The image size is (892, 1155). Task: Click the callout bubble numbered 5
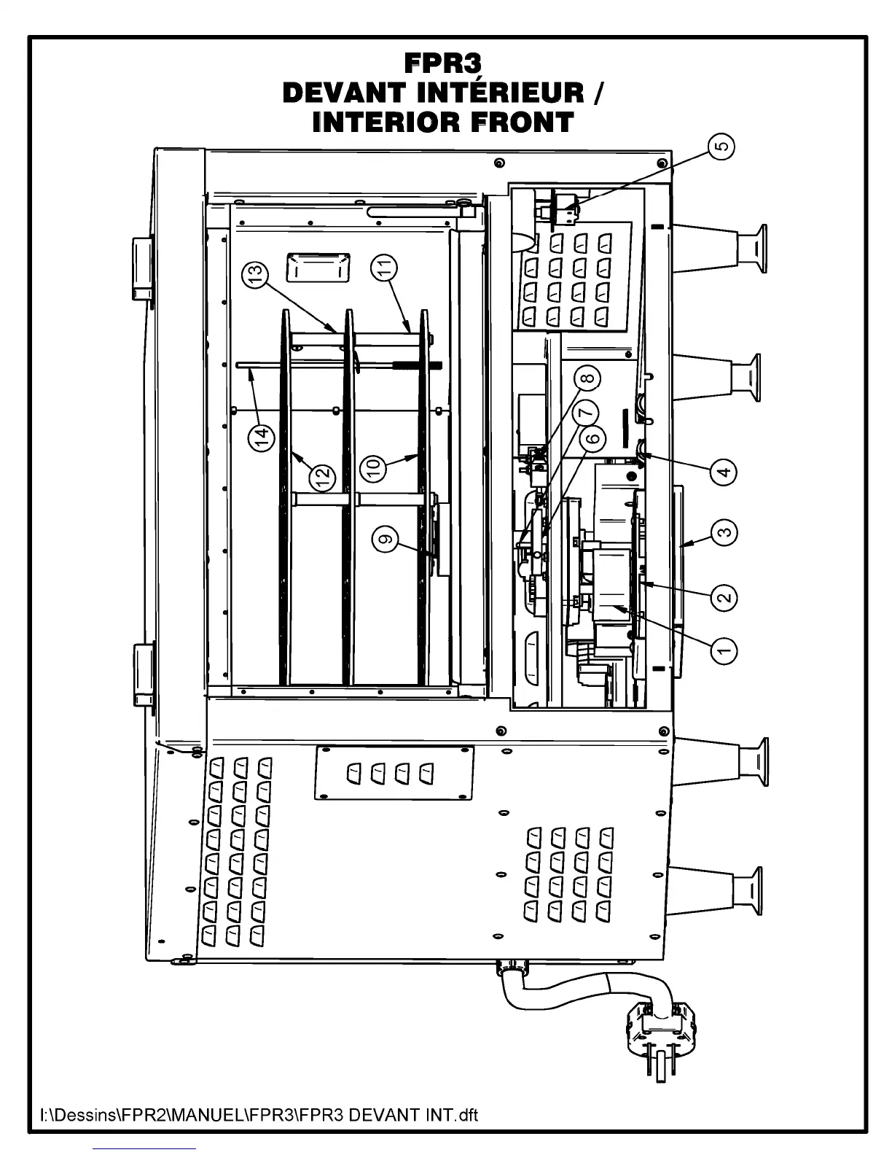tap(721, 147)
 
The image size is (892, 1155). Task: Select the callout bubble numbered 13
tap(256, 274)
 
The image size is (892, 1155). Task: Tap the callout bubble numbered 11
tap(385, 268)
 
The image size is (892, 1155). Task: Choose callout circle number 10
tap(375, 467)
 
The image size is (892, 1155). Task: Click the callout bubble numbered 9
tap(386, 540)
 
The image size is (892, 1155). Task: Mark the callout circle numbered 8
tap(588, 378)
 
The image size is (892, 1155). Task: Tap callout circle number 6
tap(592, 438)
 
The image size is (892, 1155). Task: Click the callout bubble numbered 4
tap(724, 472)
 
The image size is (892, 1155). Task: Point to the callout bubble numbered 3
tap(724, 532)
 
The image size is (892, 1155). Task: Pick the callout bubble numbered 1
tap(724, 649)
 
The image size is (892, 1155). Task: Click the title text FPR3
tap(442, 64)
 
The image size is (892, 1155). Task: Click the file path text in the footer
tap(259, 1115)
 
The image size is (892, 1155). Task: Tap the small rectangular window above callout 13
tap(318, 268)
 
